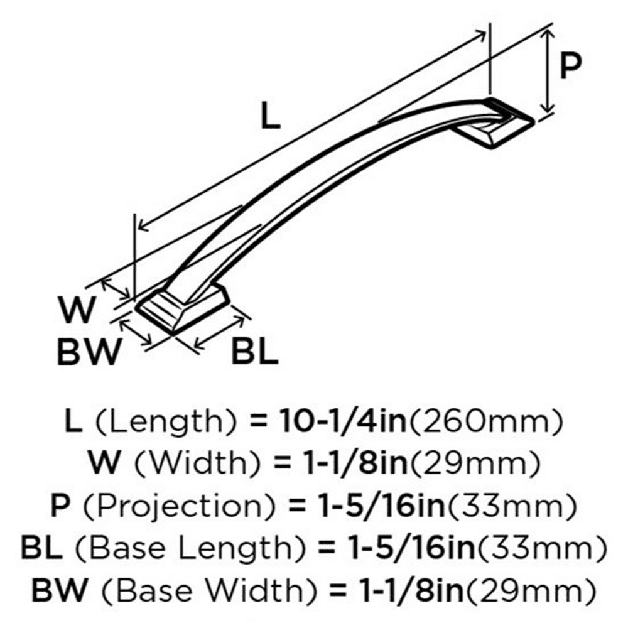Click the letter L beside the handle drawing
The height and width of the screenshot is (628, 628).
tap(270, 116)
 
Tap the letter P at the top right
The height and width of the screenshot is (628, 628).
tap(570, 66)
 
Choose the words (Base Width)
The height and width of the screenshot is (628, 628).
tap(208, 591)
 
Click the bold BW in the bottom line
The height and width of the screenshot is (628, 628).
tap(59, 590)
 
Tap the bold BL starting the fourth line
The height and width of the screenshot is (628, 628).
tap(41, 548)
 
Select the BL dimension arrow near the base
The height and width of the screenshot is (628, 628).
tap(219, 332)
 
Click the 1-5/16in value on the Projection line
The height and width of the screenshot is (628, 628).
tap(380, 506)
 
